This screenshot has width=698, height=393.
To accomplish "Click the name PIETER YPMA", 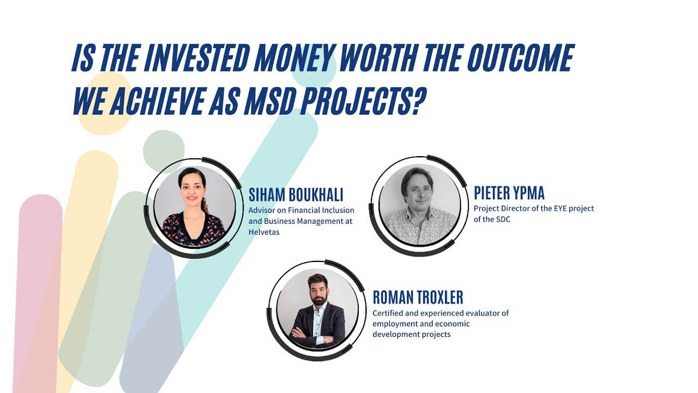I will (x=509, y=193).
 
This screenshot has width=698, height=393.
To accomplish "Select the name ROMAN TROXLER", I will (x=418, y=297).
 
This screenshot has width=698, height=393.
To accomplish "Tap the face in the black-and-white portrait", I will (x=418, y=188).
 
